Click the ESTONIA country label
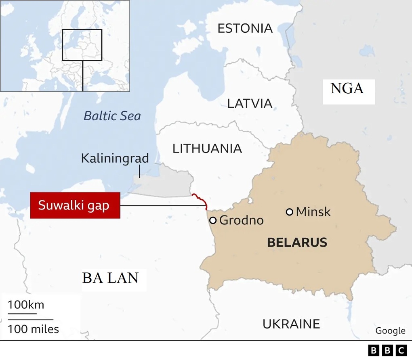click(245, 28)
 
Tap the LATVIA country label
click(250, 103)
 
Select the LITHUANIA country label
click(207, 149)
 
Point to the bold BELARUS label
click(297, 243)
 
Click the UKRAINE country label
click(291, 324)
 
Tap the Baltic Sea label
click(112, 116)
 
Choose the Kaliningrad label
click(115, 158)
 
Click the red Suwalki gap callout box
click(75, 205)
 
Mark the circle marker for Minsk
click(289, 212)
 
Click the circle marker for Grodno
click(212, 220)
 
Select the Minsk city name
click(313, 211)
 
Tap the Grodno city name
click(241, 220)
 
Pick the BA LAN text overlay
click(110, 278)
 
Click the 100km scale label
click(26, 304)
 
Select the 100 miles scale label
click(33, 329)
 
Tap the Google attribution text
click(390, 331)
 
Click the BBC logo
click(387, 350)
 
